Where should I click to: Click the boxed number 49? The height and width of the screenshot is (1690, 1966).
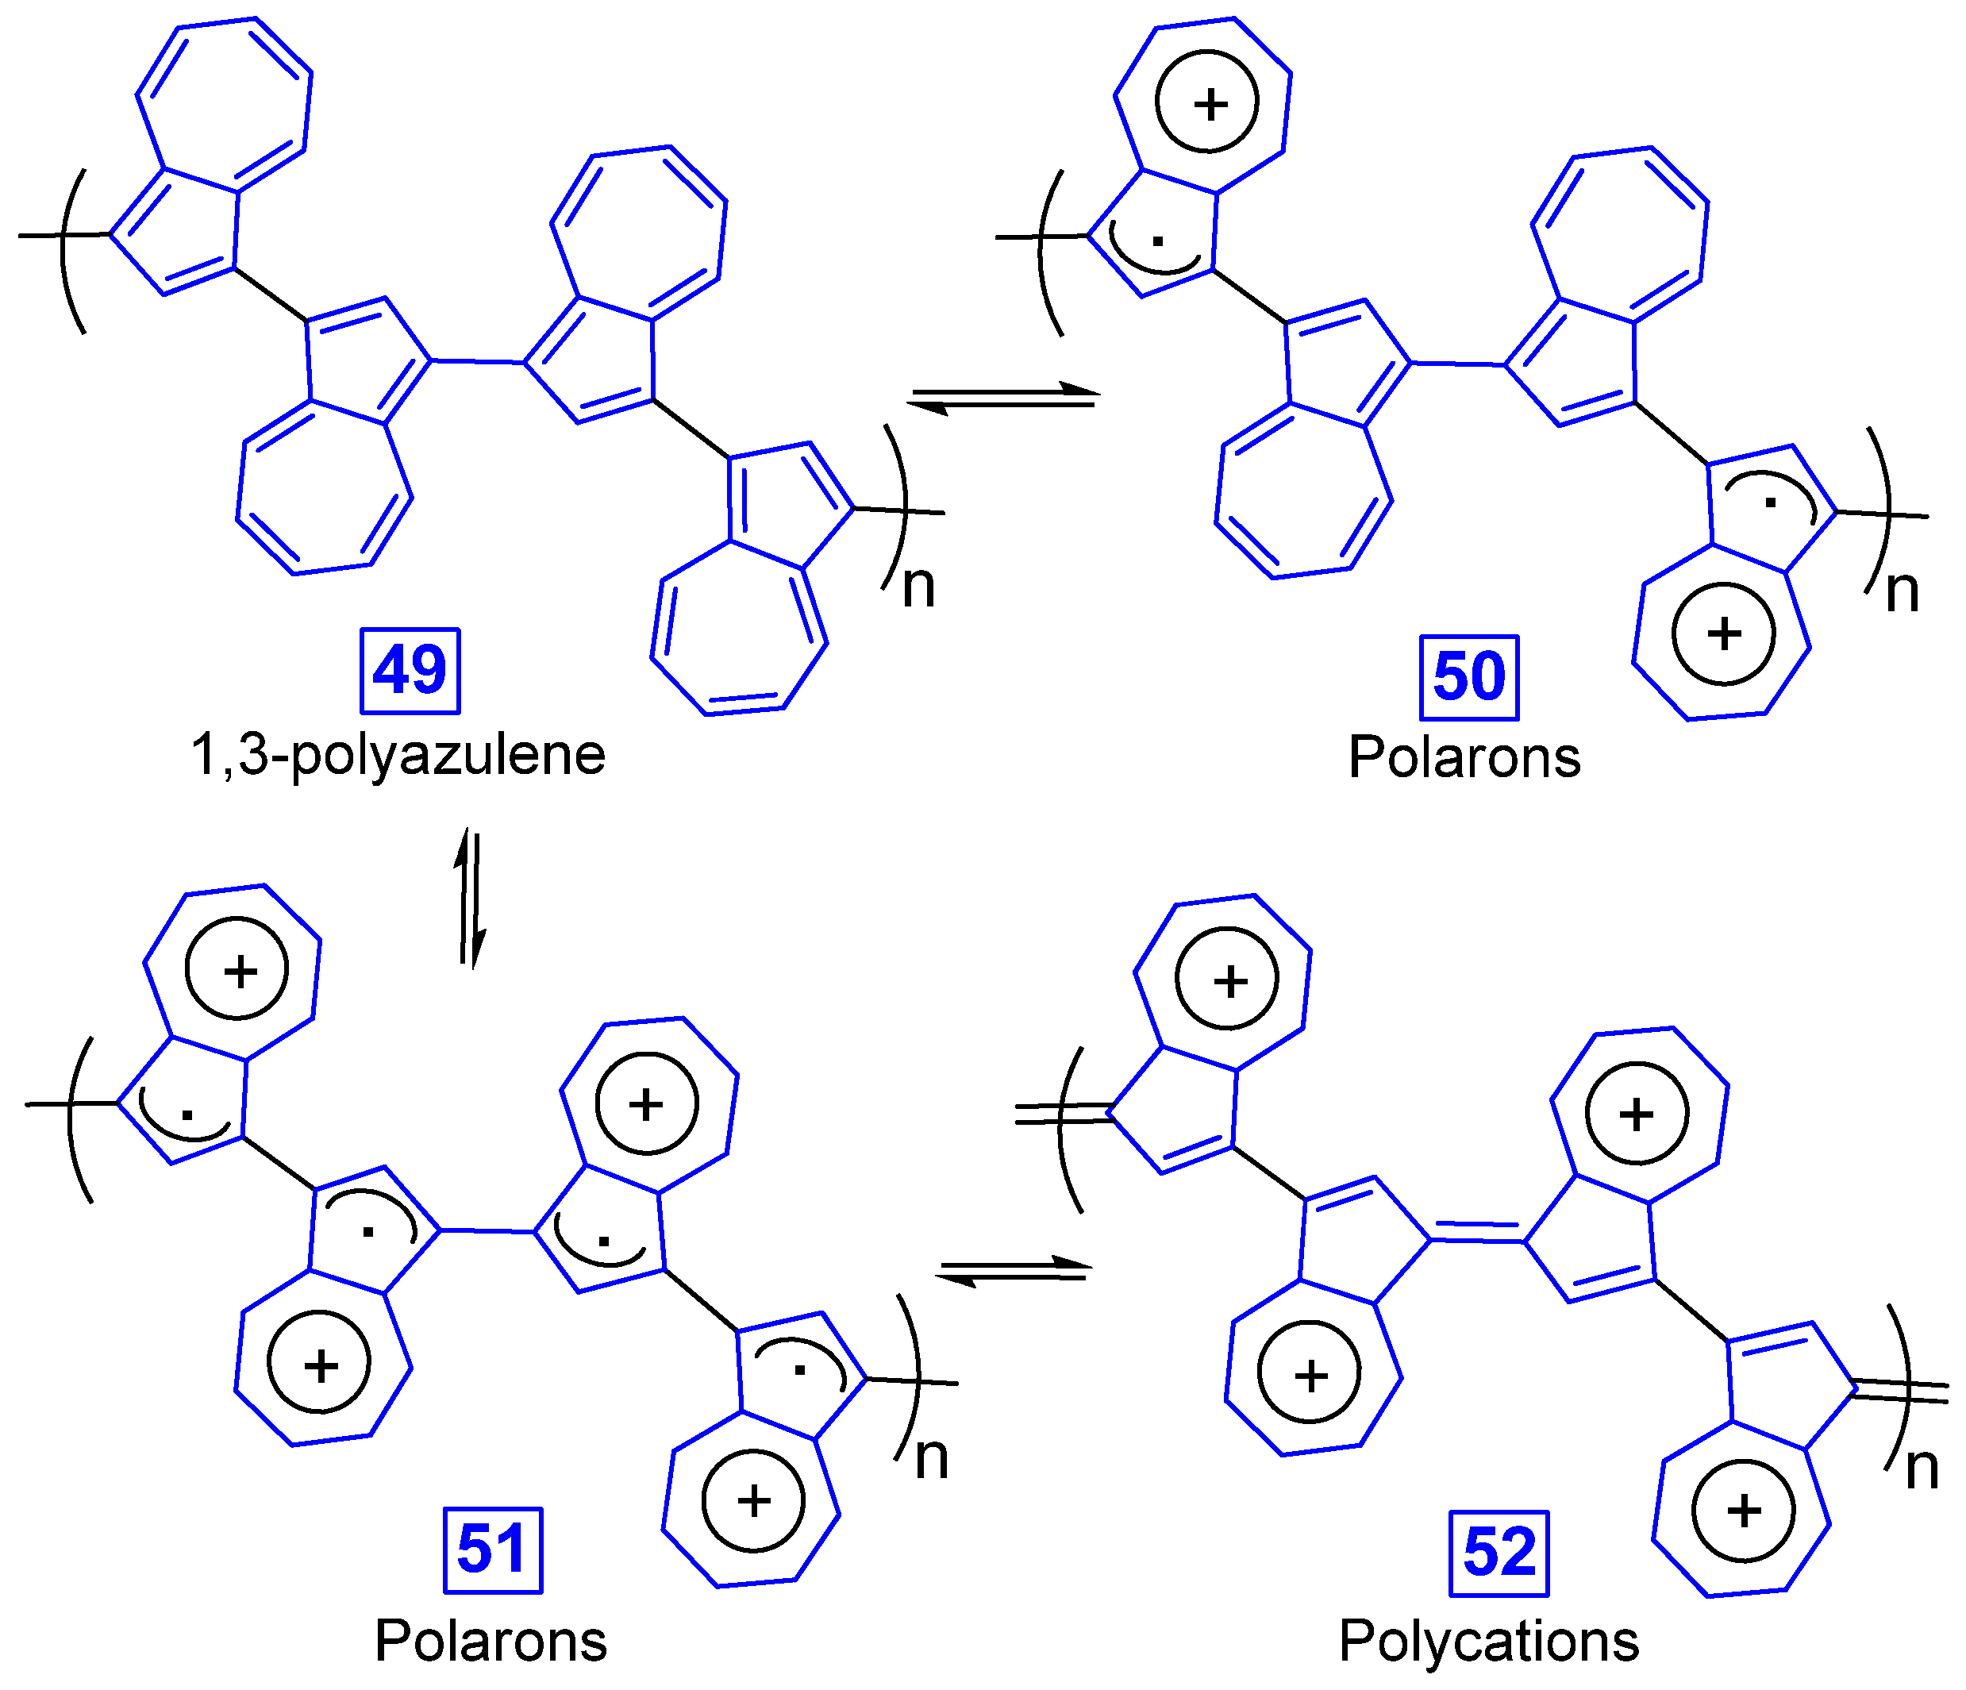click(410, 671)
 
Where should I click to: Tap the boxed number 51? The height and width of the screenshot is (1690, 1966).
click(492, 1549)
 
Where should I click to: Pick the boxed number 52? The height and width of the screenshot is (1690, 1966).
click(1499, 1553)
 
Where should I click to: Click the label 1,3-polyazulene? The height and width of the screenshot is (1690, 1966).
click(398, 756)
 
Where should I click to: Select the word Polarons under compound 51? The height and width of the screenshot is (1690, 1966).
click(491, 1641)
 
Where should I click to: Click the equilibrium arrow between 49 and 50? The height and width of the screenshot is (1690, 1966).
click(1003, 398)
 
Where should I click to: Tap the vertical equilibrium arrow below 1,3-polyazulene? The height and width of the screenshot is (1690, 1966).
click(471, 899)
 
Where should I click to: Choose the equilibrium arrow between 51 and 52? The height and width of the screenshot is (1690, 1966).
click(1014, 1272)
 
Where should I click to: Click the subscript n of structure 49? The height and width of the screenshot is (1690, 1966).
click(918, 587)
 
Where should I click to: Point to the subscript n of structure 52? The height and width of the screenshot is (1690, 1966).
click(1922, 1469)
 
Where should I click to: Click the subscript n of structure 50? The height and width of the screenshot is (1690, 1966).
click(1903, 592)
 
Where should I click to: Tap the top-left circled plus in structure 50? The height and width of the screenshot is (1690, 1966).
click(1208, 102)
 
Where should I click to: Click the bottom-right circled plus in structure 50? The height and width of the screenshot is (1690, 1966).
click(1723, 634)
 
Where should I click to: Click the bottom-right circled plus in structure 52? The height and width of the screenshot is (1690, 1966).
click(1744, 1511)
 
